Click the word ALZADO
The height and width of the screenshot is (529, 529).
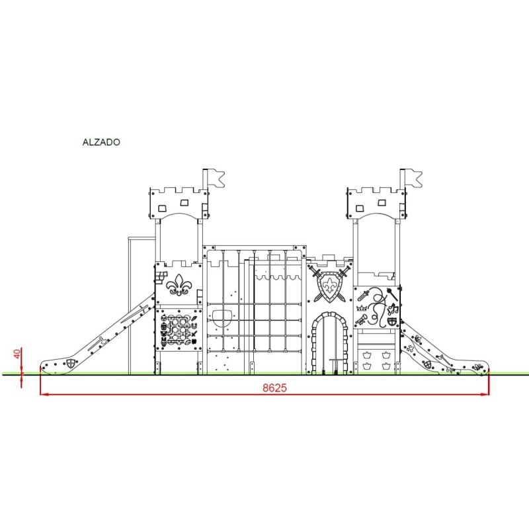(101, 142)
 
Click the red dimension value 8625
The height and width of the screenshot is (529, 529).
(274, 388)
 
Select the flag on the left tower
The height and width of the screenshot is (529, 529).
(216, 179)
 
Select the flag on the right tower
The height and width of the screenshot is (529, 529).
(414, 179)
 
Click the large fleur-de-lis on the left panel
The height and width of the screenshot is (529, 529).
(179, 285)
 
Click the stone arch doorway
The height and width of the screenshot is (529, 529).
(329, 343)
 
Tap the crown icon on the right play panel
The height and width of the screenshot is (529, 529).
(362, 307)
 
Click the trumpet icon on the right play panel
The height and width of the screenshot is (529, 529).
(361, 320)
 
